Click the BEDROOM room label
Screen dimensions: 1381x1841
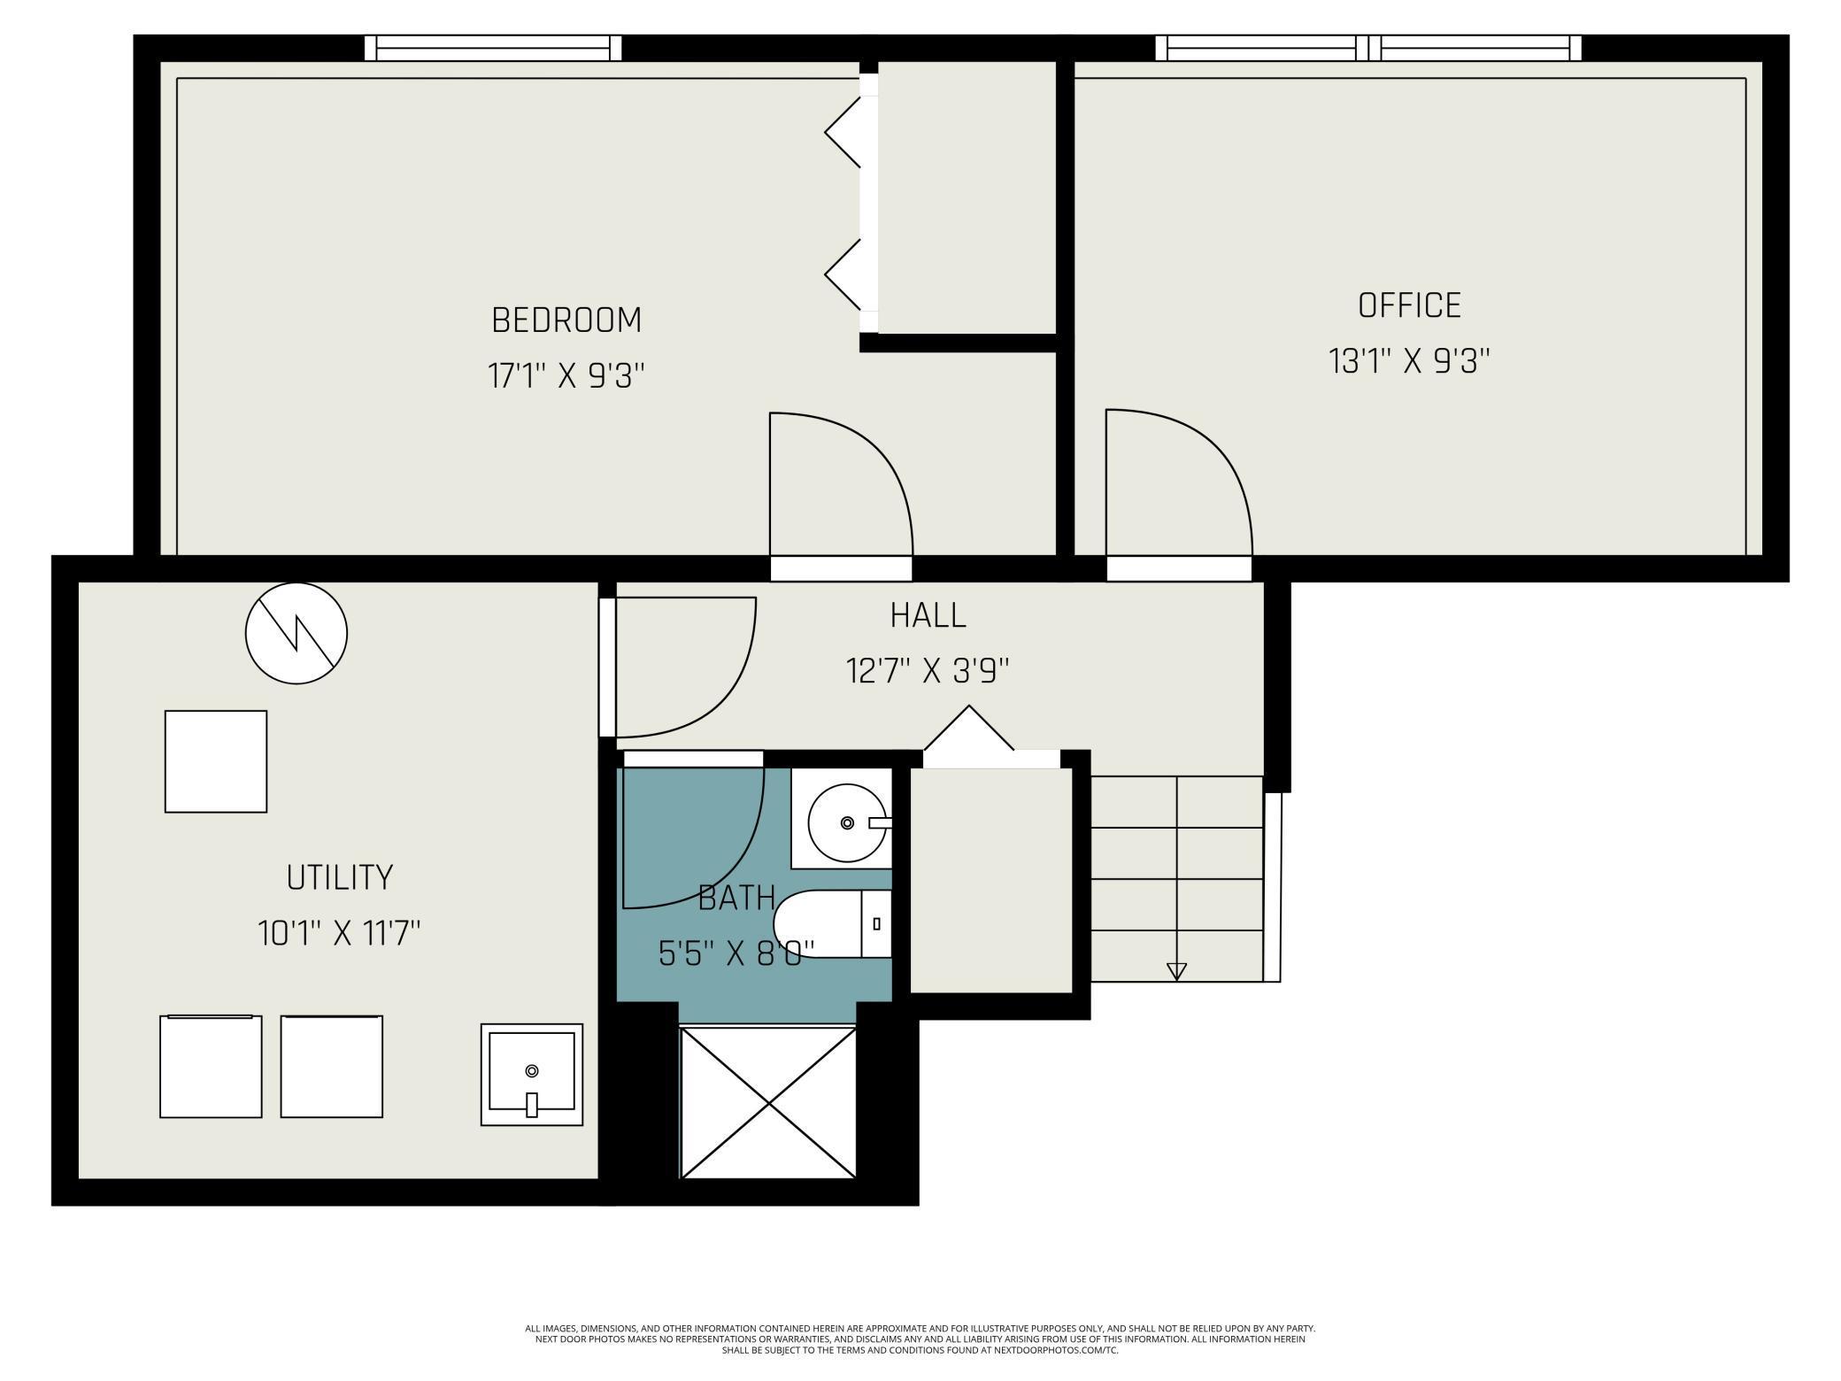566,320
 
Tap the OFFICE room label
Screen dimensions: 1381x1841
1409,305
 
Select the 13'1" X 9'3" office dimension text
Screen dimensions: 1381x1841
1409,361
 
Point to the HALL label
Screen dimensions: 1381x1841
928,615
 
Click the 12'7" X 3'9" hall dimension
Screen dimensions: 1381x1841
928,671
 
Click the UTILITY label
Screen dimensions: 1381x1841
339,877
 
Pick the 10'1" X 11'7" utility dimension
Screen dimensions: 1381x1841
339,933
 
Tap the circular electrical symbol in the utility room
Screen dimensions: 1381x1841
296,633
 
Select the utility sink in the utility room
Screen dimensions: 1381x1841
531,1074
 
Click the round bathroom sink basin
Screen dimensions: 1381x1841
847,823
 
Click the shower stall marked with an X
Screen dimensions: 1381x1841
767,1103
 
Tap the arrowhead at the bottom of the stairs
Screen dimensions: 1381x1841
1176,971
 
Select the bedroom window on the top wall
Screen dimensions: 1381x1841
493,48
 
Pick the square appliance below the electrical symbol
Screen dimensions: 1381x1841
215,761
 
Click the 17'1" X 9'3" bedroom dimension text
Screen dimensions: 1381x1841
566,376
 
